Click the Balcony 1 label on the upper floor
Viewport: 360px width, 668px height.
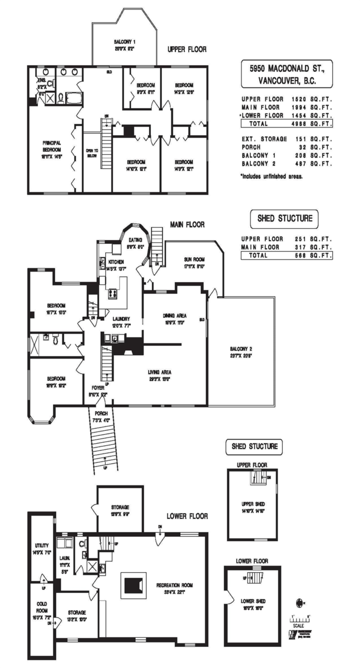tap(125, 42)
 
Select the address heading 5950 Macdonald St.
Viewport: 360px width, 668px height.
tap(287, 68)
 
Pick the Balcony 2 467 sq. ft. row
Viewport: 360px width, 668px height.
tap(287, 164)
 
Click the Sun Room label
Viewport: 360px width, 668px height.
tap(195, 260)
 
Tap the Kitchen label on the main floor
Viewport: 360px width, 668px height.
tap(116, 262)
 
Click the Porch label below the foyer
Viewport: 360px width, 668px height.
tap(101, 414)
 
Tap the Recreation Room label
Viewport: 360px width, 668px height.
tap(174, 585)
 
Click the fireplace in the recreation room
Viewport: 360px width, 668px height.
tap(133, 585)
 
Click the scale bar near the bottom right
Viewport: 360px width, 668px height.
tap(299, 620)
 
